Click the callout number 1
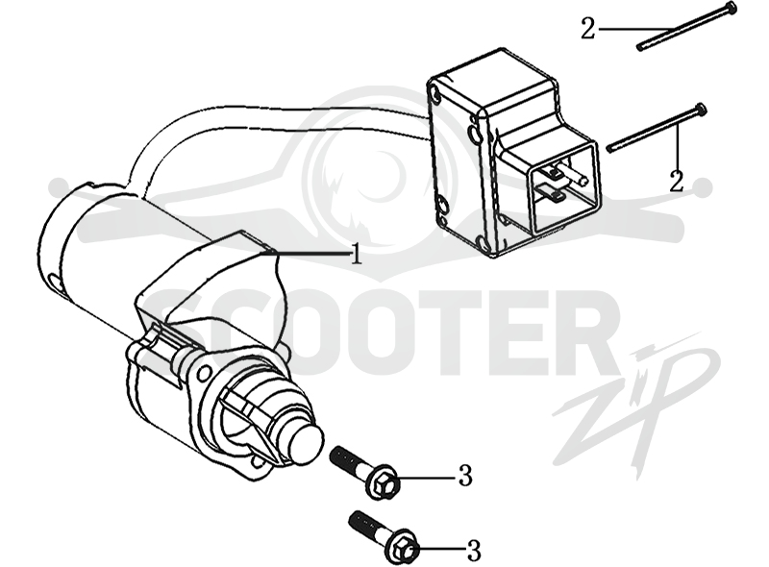(357, 254)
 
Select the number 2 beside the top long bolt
(588, 28)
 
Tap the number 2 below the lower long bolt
(677, 181)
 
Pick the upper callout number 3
(465, 476)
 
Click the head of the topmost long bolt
(731, 9)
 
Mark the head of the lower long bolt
(701, 110)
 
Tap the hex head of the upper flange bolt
(384, 485)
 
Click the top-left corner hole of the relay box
(434, 91)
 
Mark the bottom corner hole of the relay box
(483, 242)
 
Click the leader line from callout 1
(308, 254)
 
